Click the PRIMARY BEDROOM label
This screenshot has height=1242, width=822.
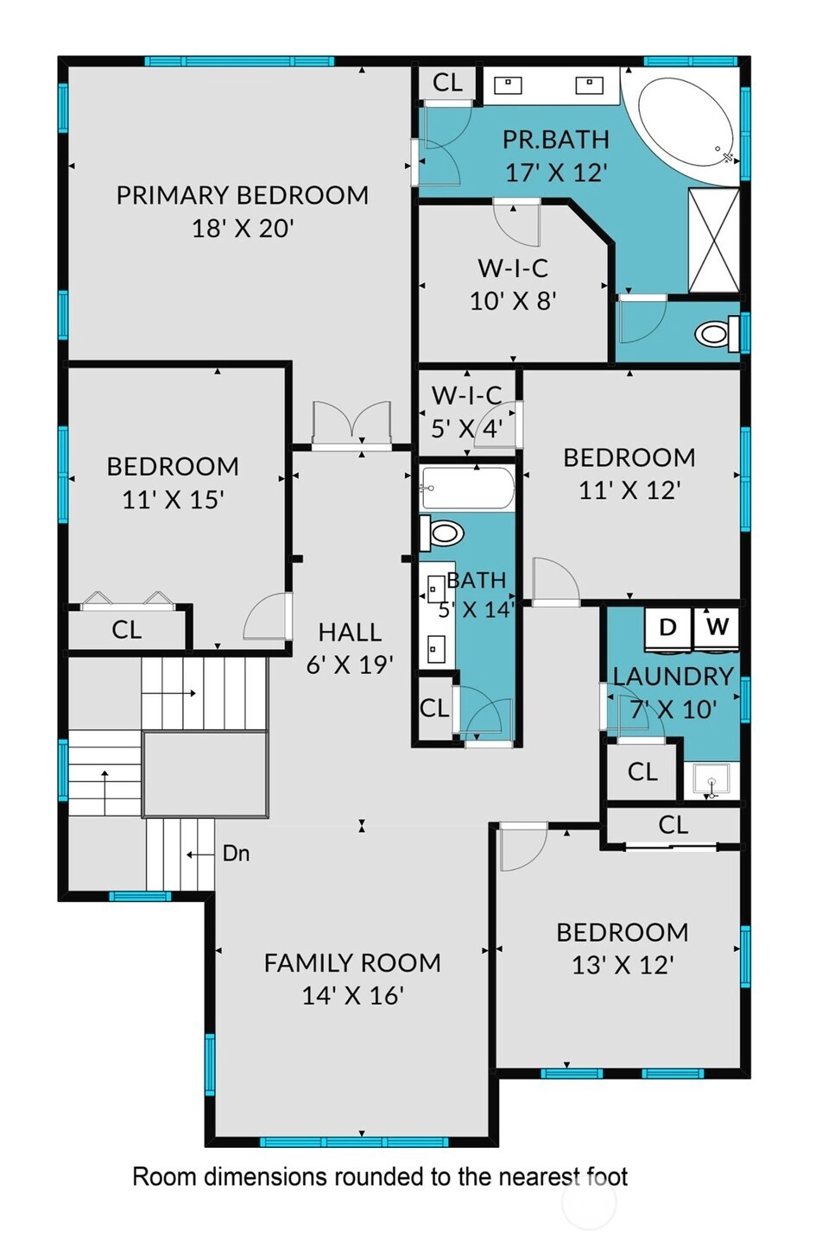coord(243,196)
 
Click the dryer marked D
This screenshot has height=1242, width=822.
coord(668,628)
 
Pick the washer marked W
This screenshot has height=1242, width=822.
coord(717,628)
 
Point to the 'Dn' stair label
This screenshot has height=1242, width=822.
coord(237,854)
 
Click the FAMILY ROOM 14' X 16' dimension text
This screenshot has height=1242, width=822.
coord(353,996)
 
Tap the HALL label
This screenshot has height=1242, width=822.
coord(350,632)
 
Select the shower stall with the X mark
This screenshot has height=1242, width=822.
coord(714,240)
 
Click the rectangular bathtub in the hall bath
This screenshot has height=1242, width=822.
coord(467,488)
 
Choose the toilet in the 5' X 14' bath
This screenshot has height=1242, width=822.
coord(442,533)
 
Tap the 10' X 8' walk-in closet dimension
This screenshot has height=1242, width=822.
coord(514,301)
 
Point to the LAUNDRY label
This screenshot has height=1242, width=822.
coord(673,677)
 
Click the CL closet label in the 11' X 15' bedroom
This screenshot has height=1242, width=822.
coord(126,630)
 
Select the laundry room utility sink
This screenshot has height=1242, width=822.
coord(711,781)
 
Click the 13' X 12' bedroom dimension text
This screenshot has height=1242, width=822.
coord(623,966)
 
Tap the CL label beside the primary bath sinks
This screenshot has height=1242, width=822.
coord(447,83)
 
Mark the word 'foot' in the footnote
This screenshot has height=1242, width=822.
coord(607,1176)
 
